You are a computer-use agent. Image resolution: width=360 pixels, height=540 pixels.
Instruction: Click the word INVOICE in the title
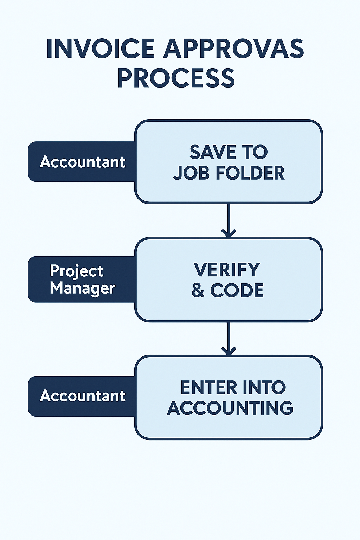pyautogui.click(x=101, y=49)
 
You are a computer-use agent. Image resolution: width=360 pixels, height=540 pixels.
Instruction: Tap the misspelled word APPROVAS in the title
pyautogui.click(x=233, y=49)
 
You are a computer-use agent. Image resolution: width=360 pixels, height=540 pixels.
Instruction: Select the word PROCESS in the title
pyautogui.click(x=176, y=78)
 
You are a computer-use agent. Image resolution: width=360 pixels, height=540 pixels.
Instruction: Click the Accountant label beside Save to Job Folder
pyautogui.click(x=82, y=162)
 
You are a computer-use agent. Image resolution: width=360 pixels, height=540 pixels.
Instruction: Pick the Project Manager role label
pyautogui.click(x=82, y=279)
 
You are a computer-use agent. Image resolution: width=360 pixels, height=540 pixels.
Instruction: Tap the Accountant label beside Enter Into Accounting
pyautogui.click(x=82, y=396)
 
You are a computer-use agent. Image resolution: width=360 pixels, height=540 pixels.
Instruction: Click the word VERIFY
pyautogui.click(x=227, y=270)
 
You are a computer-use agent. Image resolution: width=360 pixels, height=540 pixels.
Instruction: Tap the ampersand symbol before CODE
pyautogui.click(x=198, y=290)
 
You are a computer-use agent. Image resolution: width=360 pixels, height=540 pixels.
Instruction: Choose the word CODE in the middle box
pyautogui.click(x=237, y=290)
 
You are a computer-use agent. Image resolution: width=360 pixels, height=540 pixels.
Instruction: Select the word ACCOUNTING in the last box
pyautogui.click(x=230, y=408)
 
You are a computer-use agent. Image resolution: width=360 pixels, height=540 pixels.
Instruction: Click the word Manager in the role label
pyautogui.click(x=82, y=288)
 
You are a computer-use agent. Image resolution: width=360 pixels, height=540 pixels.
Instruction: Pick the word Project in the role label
pyautogui.click(x=77, y=271)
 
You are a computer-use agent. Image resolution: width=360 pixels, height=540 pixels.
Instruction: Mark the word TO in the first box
pyautogui.click(x=255, y=152)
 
